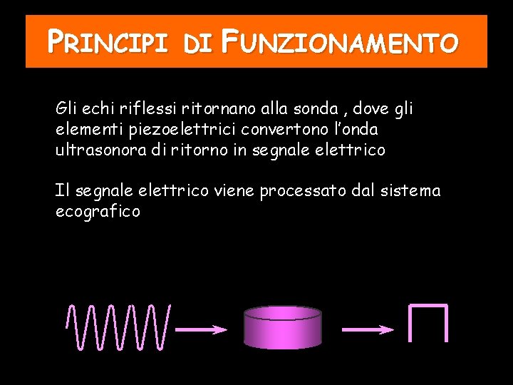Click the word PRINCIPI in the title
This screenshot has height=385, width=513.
(107, 43)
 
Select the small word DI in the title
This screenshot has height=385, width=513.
(196, 45)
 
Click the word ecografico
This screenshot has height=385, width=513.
(98, 212)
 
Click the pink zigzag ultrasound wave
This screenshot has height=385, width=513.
(118, 327)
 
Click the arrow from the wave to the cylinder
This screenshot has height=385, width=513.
(202, 329)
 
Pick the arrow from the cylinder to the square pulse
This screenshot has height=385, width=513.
(368, 329)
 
